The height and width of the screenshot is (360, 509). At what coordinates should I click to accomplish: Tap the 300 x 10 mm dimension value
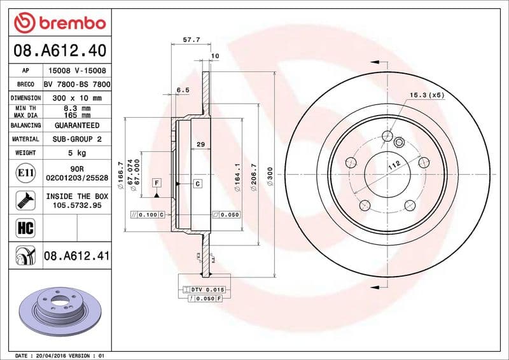click(x=77, y=98)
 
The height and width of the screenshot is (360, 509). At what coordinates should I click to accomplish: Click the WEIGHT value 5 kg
click(x=77, y=153)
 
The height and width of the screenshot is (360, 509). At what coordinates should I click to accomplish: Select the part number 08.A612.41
click(x=77, y=256)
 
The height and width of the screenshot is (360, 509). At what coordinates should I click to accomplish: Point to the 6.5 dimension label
click(x=183, y=90)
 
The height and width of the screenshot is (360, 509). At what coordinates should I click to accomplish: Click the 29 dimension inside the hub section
click(x=200, y=145)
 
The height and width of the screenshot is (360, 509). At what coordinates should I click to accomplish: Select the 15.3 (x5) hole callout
click(x=426, y=95)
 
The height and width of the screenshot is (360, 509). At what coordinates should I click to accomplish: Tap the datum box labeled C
click(x=197, y=184)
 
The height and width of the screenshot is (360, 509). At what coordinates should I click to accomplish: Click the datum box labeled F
click(x=156, y=184)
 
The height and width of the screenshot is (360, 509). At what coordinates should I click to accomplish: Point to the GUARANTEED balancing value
click(x=77, y=125)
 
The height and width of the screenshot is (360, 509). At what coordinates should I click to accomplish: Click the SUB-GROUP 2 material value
click(x=77, y=139)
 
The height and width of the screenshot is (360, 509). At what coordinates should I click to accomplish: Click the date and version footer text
click(x=59, y=355)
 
